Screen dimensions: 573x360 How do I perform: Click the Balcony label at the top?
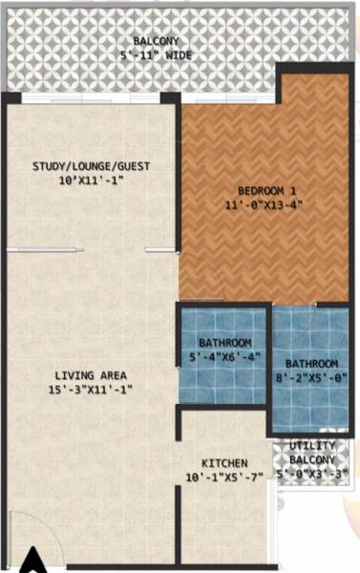154,41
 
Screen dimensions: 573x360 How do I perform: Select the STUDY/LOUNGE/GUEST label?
91,166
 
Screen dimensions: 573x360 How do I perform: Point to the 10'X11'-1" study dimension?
91,180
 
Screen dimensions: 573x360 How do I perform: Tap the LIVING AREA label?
91,375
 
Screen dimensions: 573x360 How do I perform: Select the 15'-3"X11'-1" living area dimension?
91,390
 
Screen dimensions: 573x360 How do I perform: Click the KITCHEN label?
224,462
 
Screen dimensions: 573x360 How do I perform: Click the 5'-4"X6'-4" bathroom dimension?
224,357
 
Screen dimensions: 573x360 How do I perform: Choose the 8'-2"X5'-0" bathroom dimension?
310,378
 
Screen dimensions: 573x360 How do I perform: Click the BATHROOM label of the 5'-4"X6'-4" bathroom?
224,343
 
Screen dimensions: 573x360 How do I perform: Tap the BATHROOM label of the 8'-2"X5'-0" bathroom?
310,364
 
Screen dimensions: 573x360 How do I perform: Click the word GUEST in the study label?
132,166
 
